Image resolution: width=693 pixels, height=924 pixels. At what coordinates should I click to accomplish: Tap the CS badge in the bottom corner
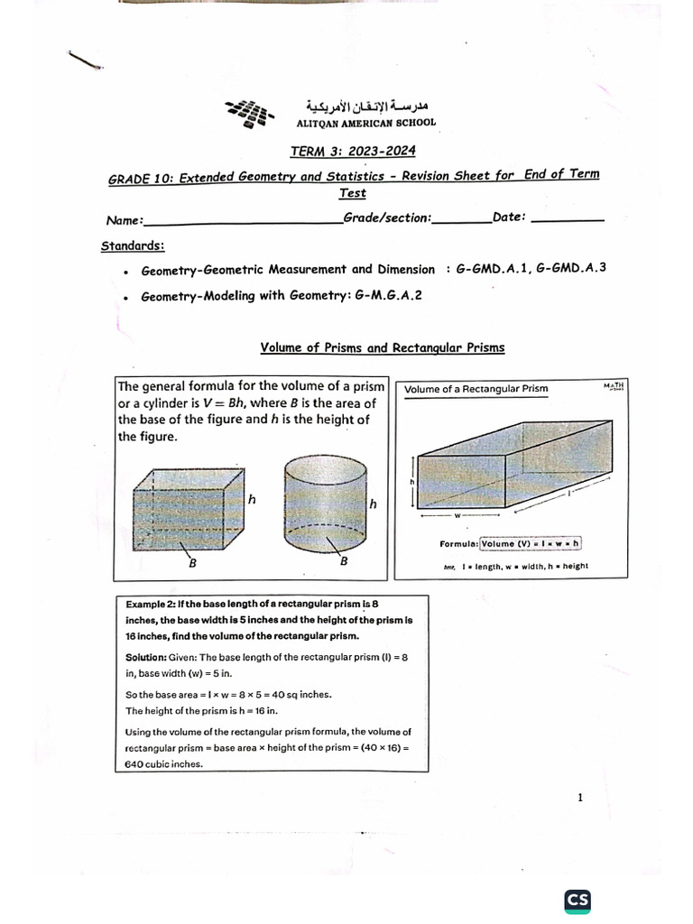578,900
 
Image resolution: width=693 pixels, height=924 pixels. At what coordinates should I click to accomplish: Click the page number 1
580,798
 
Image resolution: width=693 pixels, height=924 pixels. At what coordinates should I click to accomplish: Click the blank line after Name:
242,220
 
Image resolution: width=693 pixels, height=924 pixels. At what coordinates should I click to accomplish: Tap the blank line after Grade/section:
462,219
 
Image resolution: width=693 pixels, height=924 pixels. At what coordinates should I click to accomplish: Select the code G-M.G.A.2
389,295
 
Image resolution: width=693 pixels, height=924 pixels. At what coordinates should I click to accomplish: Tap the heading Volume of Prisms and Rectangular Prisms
383,347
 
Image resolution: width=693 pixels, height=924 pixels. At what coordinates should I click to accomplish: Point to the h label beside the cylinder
373,503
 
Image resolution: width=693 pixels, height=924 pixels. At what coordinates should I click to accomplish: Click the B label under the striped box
192,564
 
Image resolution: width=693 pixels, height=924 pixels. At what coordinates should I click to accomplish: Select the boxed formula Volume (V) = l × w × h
531,543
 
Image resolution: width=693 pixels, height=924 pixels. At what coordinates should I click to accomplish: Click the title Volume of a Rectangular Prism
476,390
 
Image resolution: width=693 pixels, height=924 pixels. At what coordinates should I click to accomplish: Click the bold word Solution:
146,658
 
